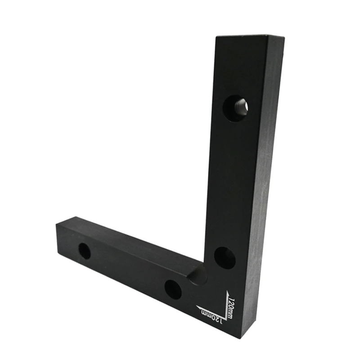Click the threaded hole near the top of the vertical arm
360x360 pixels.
click(x=236, y=107)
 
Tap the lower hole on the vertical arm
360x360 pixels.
click(x=225, y=258)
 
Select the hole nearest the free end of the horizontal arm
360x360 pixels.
click(x=84, y=251)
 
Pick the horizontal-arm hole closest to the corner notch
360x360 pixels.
click(x=173, y=289)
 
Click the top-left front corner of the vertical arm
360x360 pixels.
click(x=216, y=38)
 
